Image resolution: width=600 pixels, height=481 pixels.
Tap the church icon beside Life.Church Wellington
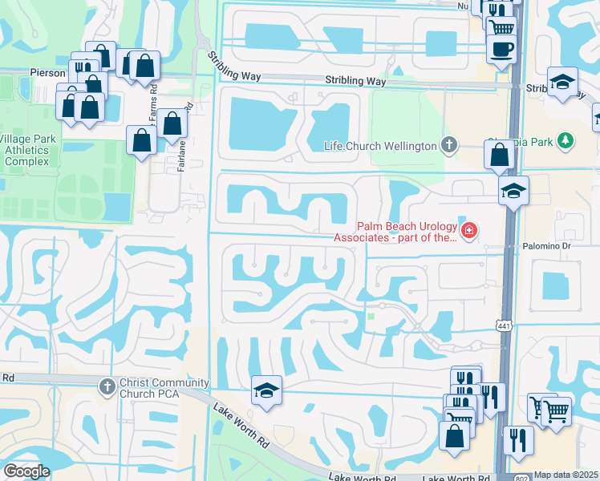[x=450, y=145]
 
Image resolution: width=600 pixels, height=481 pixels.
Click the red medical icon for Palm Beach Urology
[x=468, y=232]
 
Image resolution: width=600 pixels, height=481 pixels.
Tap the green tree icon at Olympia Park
[x=566, y=141]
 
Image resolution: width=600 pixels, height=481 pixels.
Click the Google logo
[x=26, y=471]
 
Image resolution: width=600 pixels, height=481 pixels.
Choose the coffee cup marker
[x=501, y=48]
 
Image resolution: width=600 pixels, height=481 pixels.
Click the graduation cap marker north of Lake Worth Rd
[x=266, y=390]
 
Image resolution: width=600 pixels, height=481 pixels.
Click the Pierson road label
[x=49, y=73]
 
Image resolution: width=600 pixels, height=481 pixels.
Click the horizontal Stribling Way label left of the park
[x=355, y=81]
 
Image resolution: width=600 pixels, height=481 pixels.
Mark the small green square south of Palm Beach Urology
[x=371, y=316]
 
